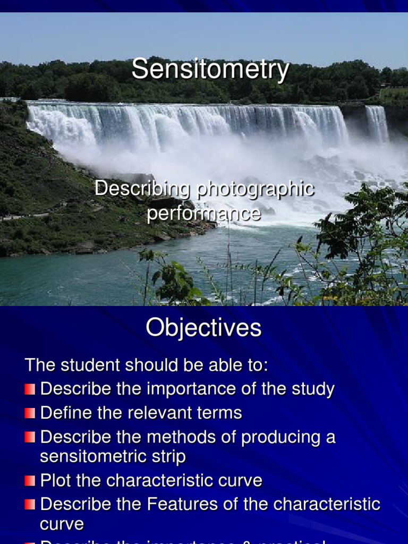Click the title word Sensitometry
[210, 70]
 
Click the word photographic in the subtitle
[254, 190]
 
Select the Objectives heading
[203, 328]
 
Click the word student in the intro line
[95, 365]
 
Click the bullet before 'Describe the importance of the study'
[30, 389]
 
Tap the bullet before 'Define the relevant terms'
[30, 413]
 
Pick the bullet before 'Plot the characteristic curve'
[30, 481]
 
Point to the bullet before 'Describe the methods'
[30, 438]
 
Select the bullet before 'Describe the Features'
[30, 505]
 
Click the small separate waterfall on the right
[377, 124]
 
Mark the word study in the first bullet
[313, 389]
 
